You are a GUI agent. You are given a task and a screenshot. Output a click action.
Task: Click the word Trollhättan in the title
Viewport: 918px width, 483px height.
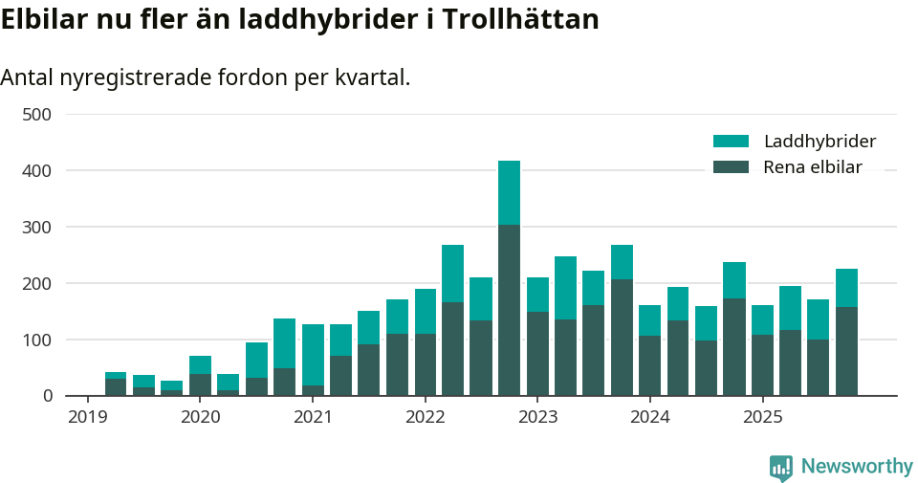(x=519, y=19)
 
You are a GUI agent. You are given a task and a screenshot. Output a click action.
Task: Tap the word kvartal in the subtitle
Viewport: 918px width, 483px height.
(x=371, y=77)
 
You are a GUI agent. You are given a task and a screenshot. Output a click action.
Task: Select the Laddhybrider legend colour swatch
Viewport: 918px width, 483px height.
(x=731, y=142)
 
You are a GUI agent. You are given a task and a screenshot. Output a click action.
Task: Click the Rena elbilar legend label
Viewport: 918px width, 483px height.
(x=813, y=167)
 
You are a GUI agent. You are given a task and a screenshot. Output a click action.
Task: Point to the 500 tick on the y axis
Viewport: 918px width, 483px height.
(x=36, y=115)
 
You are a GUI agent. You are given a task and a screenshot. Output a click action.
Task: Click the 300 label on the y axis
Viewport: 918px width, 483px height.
(x=36, y=228)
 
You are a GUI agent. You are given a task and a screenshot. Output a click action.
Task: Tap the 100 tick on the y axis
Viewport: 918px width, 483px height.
(x=36, y=340)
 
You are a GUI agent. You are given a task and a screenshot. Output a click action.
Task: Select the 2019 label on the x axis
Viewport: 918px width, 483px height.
(x=88, y=417)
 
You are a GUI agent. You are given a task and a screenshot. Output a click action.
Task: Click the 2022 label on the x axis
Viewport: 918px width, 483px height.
(x=425, y=417)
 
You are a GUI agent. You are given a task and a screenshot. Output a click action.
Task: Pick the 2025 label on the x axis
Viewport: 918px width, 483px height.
(x=762, y=417)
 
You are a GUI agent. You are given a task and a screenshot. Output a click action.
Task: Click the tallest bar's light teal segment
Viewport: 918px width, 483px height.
(x=509, y=192)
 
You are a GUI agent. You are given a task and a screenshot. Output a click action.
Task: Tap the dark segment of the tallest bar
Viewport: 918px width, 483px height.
(x=509, y=310)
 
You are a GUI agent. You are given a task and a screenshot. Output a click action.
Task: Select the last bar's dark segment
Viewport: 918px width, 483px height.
(x=846, y=351)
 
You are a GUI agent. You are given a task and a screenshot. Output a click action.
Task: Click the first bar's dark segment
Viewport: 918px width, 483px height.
(x=116, y=387)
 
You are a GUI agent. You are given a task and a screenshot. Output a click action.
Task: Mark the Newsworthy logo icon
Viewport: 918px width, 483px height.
(x=780, y=467)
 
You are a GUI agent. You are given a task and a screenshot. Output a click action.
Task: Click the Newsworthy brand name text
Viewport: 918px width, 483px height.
(x=857, y=467)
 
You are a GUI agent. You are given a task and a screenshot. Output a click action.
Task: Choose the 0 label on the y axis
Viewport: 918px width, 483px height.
(x=46, y=396)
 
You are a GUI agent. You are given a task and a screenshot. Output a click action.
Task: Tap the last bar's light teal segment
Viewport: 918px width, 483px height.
(x=846, y=288)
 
